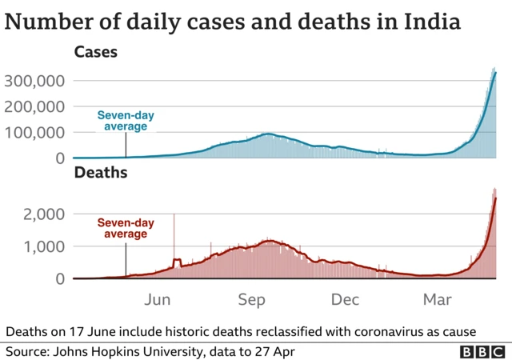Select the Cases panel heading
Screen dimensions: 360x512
[x=95, y=53]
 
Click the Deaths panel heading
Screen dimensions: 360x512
[x=99, y=172]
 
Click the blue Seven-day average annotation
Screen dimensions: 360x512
[x=126, y=121]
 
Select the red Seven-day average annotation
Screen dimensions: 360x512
[x=125, y=229]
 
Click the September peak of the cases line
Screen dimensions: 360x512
[x=267, y=134]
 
